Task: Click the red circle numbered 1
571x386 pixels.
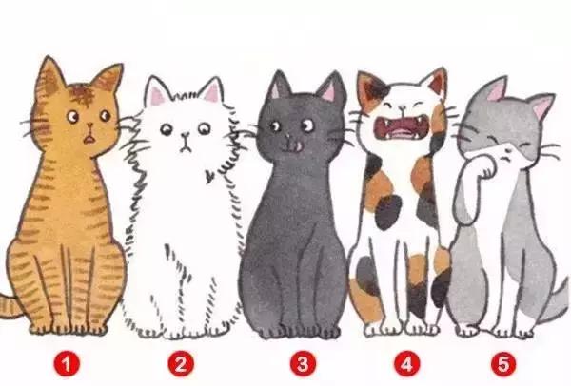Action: click(x=67, y=364)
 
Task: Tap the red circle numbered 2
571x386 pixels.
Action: click(x=181, y=364)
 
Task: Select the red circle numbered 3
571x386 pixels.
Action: click(x=304, y=364)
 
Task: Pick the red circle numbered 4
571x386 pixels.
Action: click(x=406, y=364)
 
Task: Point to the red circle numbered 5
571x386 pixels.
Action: click(x=504, y=364)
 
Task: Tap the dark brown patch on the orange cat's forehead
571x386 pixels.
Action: click(x=83, y=94)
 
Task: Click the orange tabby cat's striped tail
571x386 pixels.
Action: click(x=10, y=305)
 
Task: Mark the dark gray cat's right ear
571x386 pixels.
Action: click(x=332, y=88)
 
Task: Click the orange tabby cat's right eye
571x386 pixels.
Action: click(x=106, y=116)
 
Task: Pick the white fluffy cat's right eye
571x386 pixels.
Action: click(x=205, y=127)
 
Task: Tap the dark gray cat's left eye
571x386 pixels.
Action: click(x=275, y=126)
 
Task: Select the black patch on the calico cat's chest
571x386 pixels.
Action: click(x=388, y=212)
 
